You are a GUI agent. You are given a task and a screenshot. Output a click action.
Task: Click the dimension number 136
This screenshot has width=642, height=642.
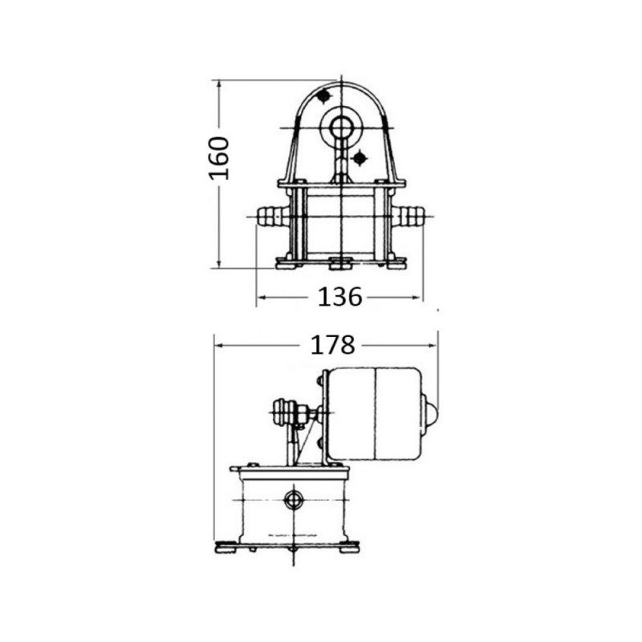(340, 297)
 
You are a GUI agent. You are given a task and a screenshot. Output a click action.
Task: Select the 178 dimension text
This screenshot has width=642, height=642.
(332, 345)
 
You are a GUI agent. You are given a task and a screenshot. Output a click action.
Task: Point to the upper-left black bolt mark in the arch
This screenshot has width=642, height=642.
(323, 97)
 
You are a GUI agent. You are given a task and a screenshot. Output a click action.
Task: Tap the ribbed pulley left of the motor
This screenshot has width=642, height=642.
(284, 414)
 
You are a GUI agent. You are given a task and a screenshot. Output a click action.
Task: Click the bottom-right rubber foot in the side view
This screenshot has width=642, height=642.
(350, 548)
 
